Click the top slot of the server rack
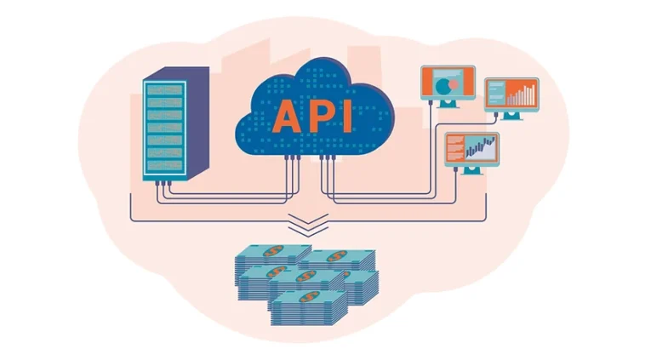pyautogui.click(x=164, y=89)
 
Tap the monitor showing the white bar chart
pyautogui.click(x=511, y=94)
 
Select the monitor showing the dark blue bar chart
pyautogui.click(x=471, y=148)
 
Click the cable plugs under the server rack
pyautogui.click(x=164, y=184)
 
